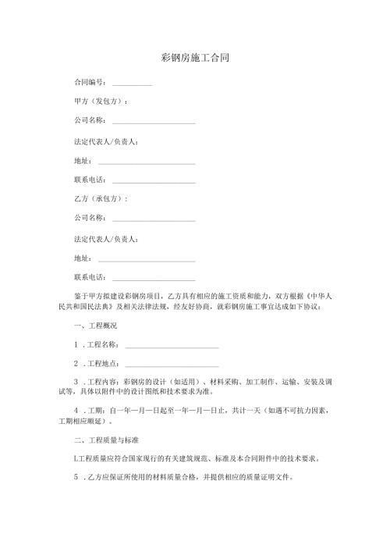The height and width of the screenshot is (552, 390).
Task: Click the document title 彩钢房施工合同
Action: coord(194,58)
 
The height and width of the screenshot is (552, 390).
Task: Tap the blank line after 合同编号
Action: coord(132,83)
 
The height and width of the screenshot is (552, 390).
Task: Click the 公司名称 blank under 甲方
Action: coord(154,122)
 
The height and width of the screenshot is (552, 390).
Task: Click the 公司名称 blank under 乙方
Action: coord(154,219)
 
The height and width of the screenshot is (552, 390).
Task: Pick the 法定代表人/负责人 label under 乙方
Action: coord(106,238)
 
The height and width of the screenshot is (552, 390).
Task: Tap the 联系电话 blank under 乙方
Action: coord(154,278)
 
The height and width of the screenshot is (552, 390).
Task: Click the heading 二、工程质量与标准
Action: coord(106,440)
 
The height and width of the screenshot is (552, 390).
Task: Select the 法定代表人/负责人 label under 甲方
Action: coord(106,141)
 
